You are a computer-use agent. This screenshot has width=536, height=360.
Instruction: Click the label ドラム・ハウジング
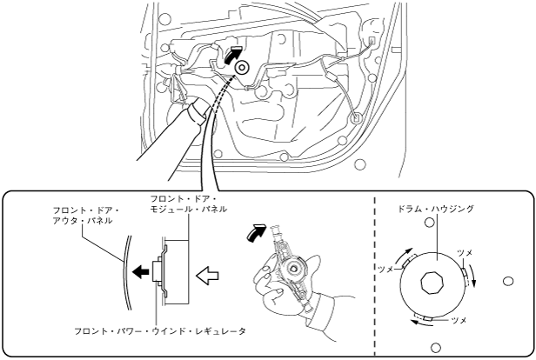coord(436,209)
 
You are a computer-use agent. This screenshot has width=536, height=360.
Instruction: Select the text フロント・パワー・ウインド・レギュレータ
coord(160,331)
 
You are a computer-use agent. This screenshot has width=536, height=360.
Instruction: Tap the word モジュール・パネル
coord(188,209)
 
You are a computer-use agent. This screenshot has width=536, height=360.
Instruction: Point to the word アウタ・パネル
coord(83,221)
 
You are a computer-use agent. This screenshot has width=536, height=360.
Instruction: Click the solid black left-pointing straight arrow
coord(140,272)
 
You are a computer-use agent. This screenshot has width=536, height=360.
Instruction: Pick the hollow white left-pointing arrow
coord(207,275)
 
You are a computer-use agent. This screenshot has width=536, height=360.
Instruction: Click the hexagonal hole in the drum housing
coord(432,283)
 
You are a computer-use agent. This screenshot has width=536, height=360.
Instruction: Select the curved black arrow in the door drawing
coord(233,54)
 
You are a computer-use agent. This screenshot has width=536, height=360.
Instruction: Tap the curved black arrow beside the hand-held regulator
coord(255,233)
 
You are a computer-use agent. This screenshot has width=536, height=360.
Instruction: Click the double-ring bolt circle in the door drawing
coord(242,67)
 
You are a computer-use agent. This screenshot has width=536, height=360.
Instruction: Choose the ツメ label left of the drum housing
coord(386,270)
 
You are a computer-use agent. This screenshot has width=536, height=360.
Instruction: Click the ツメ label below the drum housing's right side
coord(459,320)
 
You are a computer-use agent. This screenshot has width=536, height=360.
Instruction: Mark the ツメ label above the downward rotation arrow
coord(465,253)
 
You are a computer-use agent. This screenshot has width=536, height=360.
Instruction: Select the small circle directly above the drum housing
coord(429,223)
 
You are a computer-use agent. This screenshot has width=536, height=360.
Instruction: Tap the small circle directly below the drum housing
coord(435,348)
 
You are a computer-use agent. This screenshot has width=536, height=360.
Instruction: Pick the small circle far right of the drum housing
coord(508,281)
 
